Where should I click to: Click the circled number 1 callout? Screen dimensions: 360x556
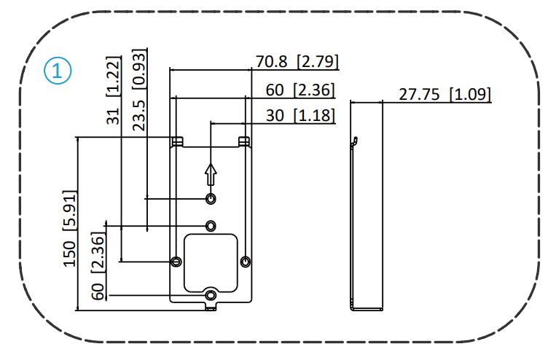(57, 71)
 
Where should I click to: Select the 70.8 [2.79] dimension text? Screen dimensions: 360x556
(297, 61)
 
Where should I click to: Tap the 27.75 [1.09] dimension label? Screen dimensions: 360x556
(445, 95)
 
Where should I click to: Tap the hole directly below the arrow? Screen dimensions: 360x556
(211, 199)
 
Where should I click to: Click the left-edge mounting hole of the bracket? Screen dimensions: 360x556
(175, 261)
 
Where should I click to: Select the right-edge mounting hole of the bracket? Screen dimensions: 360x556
(246, 261)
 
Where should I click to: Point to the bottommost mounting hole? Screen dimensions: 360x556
(211, 294)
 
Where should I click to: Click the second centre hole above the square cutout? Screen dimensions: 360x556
(211, 224)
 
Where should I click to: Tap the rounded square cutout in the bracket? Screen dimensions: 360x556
(211, 259)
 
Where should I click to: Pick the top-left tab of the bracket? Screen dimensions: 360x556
(176, 141)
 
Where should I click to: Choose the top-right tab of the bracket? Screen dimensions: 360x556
(244, 141)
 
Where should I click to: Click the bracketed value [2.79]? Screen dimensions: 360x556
(317, 61)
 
